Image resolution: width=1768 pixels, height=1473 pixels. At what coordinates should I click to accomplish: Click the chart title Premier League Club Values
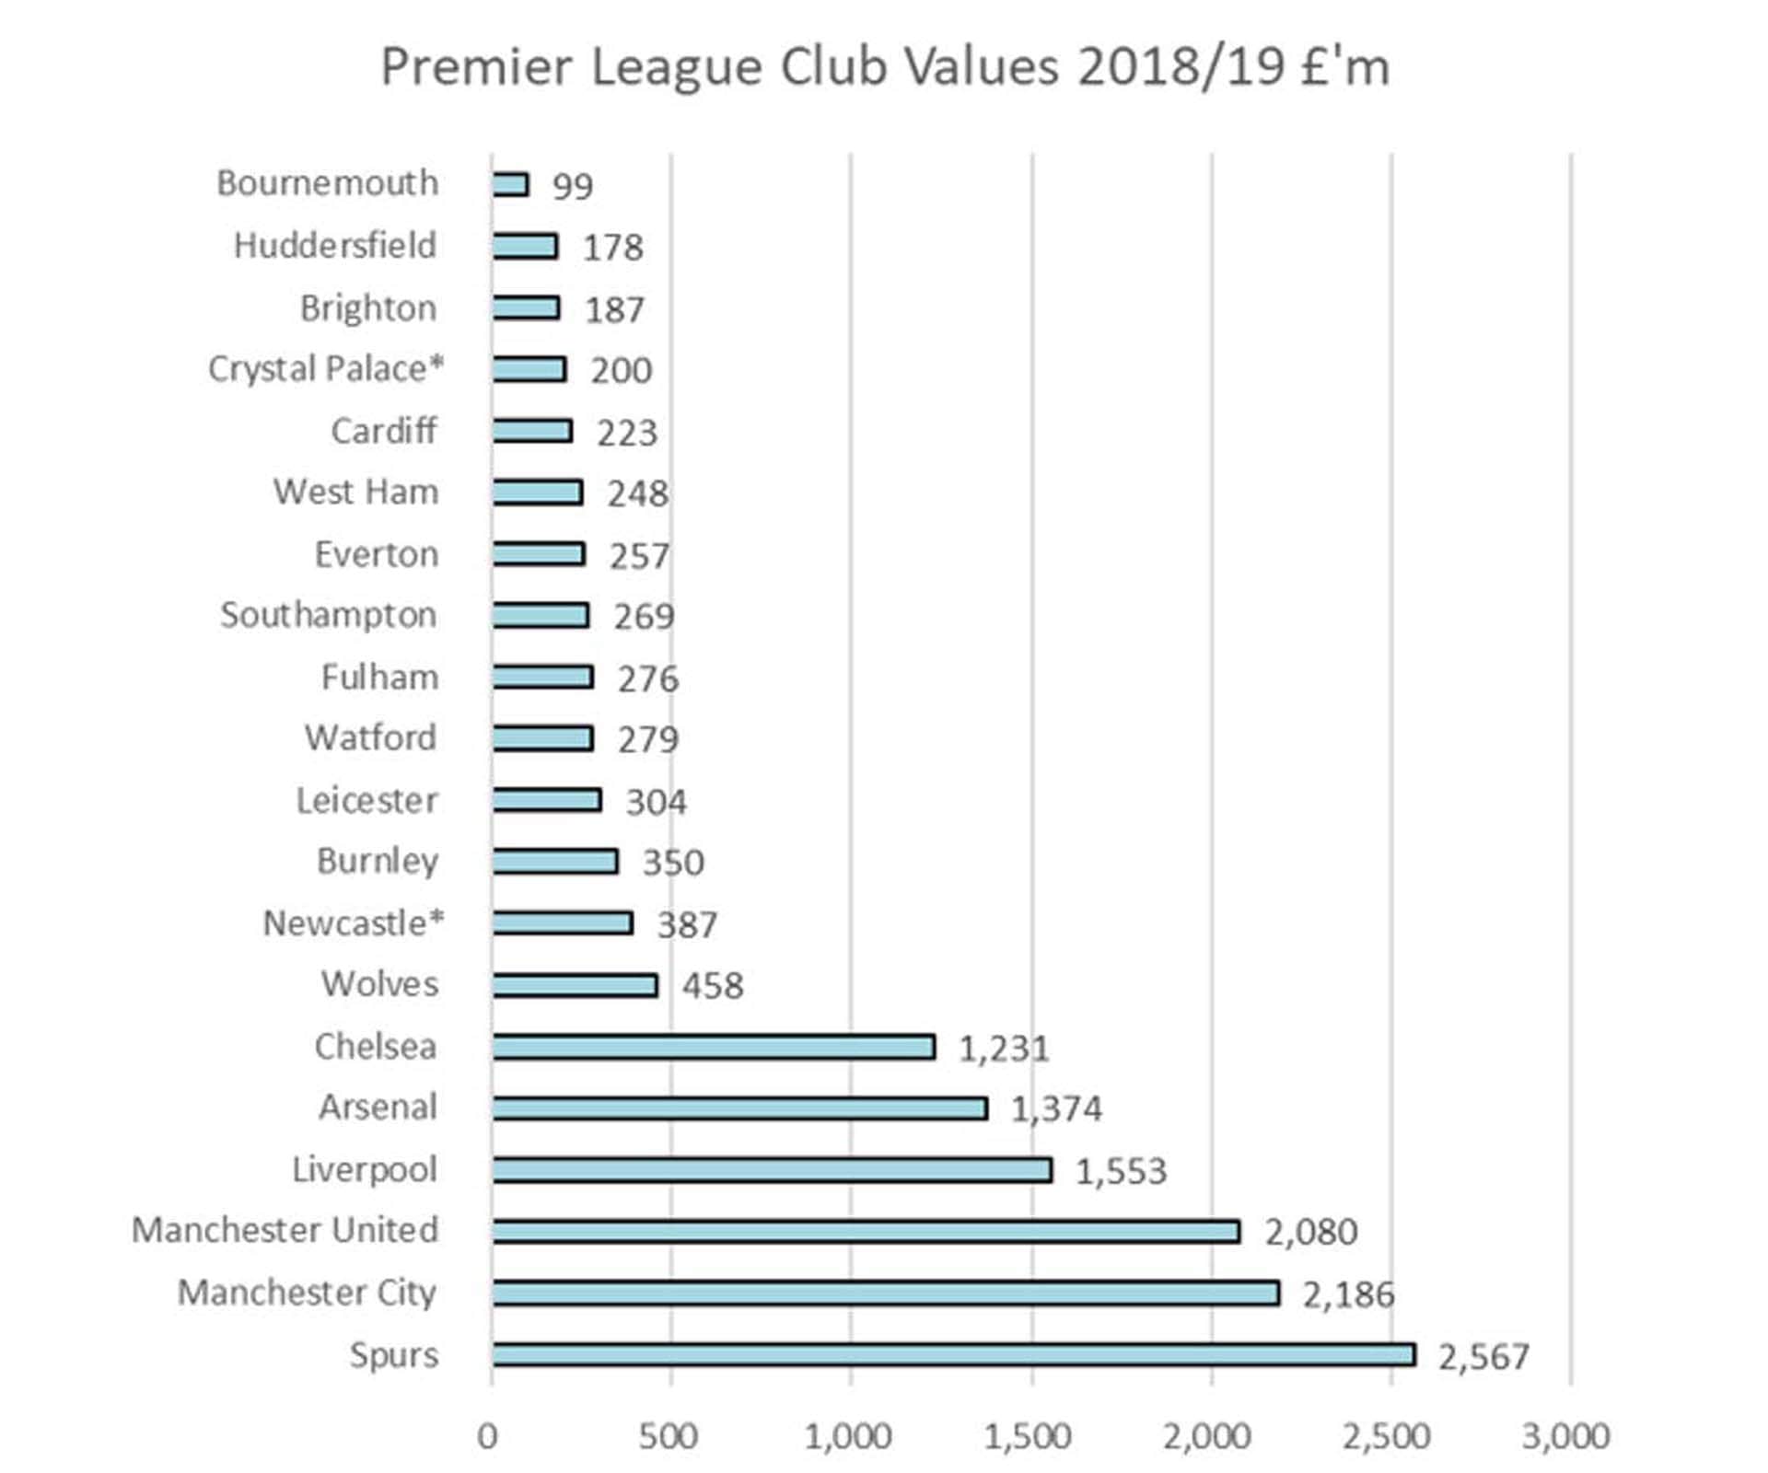884,67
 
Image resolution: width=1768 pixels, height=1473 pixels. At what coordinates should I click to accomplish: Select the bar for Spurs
953,1354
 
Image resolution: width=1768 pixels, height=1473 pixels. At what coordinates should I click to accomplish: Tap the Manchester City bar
885,1293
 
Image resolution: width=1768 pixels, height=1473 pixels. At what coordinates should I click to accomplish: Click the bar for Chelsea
714,1047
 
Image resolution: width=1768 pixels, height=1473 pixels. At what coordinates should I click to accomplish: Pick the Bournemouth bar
510,184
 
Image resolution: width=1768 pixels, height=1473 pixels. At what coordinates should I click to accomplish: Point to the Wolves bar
575,985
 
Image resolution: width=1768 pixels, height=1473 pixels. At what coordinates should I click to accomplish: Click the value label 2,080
1310,1232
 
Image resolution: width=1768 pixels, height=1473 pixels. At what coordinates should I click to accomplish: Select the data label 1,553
1121,1171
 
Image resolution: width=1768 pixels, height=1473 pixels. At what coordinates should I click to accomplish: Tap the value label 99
572,186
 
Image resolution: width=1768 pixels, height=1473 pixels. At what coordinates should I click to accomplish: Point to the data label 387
687,924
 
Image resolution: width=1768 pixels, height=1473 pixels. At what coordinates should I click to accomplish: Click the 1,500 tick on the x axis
1027,1436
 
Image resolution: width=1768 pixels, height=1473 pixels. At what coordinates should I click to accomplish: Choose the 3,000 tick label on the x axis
1565,1436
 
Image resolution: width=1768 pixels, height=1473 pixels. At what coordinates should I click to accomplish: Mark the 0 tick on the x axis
488,1436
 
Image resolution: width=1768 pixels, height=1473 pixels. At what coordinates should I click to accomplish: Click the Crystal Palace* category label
326,369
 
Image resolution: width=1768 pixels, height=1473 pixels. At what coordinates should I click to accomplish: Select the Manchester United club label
285,1231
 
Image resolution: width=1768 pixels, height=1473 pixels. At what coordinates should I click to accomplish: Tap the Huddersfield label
335,246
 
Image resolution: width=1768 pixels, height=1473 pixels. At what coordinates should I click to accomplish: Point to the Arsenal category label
378,1108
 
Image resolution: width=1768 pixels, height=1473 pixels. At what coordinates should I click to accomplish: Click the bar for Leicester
546,800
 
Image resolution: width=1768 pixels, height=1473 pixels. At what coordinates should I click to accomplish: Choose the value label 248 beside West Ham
637,494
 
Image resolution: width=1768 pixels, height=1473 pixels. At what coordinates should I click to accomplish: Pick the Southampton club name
329,615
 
